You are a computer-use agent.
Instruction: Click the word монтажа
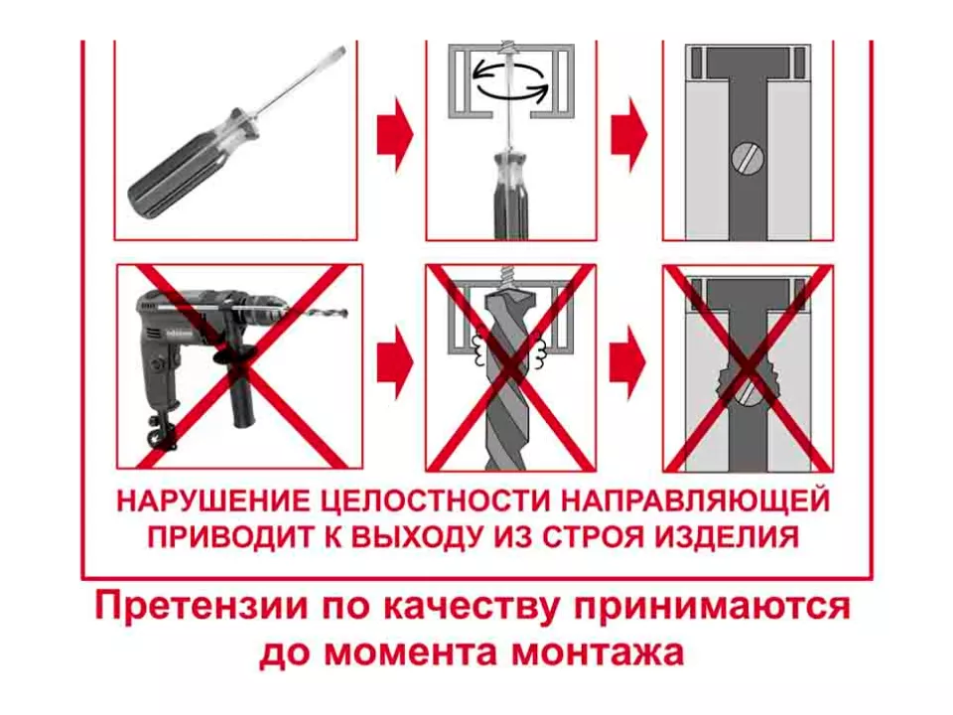[x=598, y=653]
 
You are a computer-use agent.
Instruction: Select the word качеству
[x=472, y=608]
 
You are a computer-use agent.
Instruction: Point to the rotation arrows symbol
[x=510, y=79]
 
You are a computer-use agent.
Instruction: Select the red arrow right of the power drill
[x=396, y=363]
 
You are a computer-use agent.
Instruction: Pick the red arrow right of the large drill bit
[x=627, y=363]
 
